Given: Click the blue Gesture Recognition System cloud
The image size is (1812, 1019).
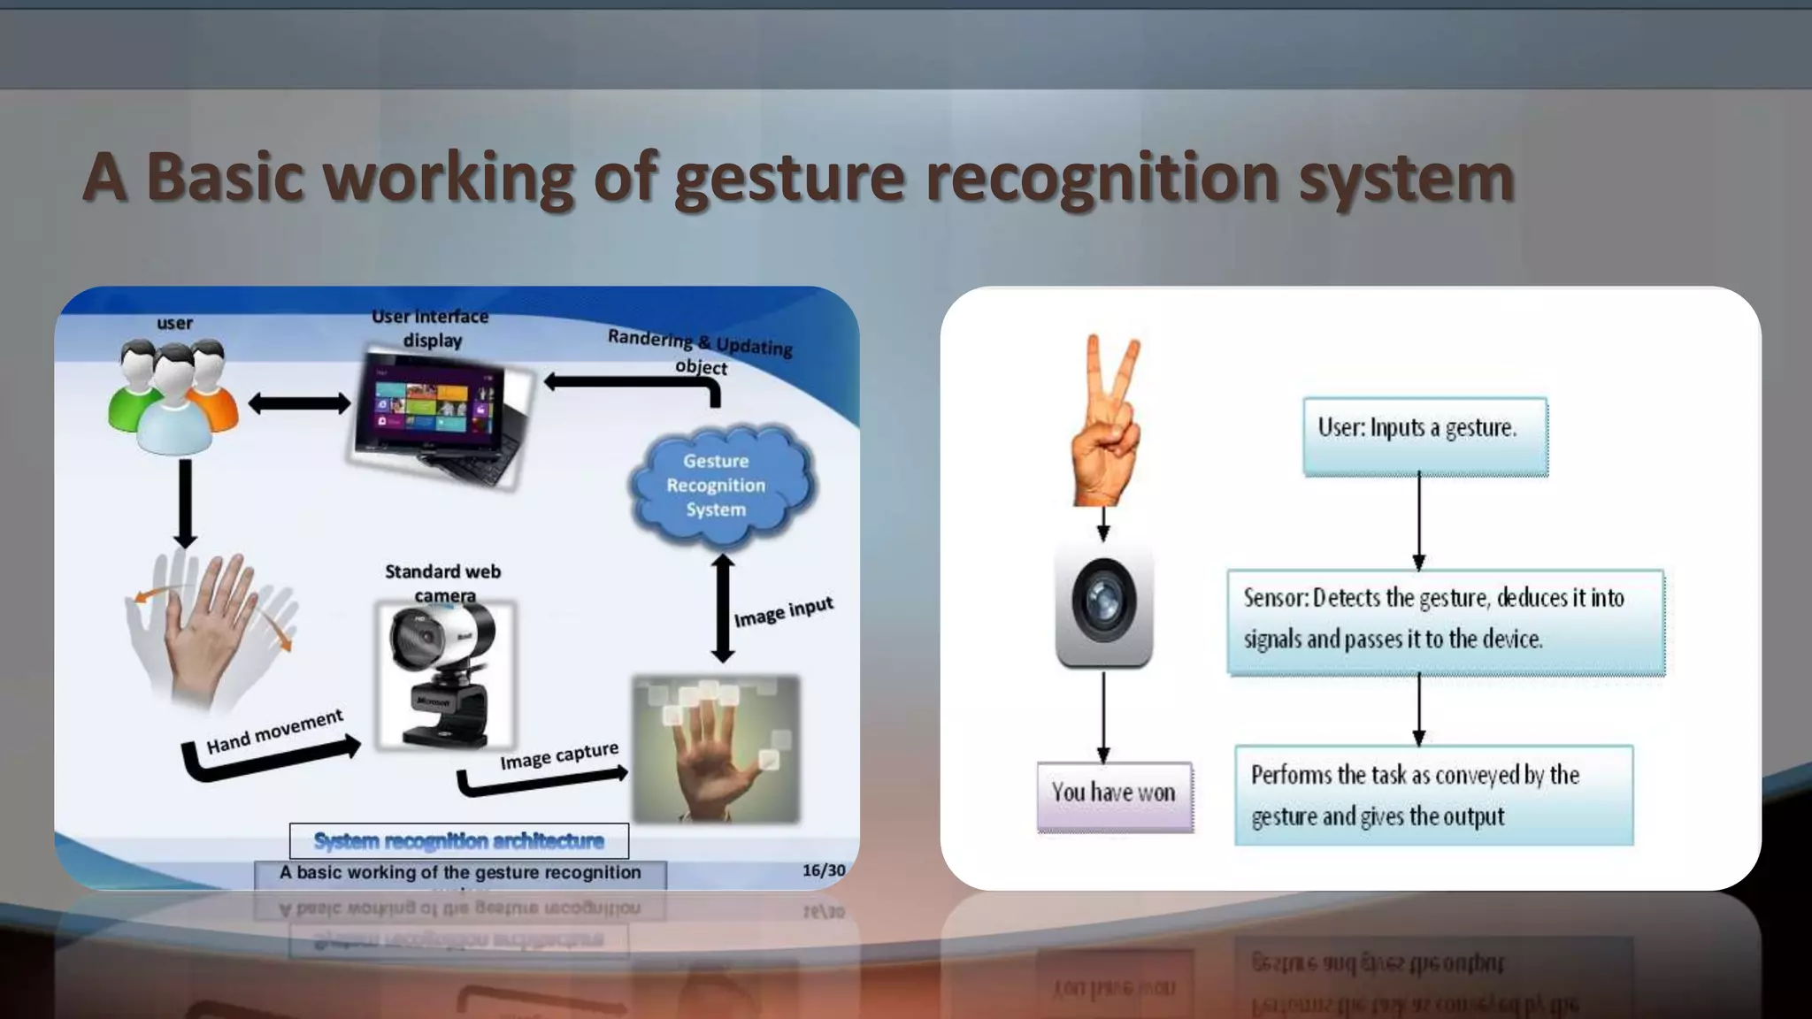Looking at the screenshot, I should coord(718,485).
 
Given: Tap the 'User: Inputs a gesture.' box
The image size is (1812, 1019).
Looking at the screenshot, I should coord(1424,436).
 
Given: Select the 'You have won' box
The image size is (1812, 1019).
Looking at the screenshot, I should coord(1114,795).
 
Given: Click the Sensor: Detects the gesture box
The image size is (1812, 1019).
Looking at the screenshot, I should coord(1445,621).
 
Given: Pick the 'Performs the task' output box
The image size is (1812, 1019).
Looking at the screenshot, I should coord(1433,794).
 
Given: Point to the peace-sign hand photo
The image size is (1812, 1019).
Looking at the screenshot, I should coord(1106,421).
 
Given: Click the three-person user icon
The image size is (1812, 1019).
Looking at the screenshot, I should coord(173,395).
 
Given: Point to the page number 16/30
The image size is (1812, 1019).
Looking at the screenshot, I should coord(823,870).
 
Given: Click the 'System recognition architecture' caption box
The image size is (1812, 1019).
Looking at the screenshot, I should coord(459,840).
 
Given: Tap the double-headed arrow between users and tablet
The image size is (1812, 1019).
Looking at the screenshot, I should coord(299,404).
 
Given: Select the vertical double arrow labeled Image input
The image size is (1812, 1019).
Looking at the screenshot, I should coord(723,609).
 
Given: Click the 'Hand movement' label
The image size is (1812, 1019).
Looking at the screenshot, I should coord(274,731).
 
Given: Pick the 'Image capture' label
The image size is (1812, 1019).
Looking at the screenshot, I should coord(558,755).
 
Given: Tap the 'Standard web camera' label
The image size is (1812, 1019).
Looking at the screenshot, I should coord(443,583).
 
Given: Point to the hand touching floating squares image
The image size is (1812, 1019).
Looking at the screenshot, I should coord(716,747).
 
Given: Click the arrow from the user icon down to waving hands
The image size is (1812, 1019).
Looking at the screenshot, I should coord(185,502).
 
